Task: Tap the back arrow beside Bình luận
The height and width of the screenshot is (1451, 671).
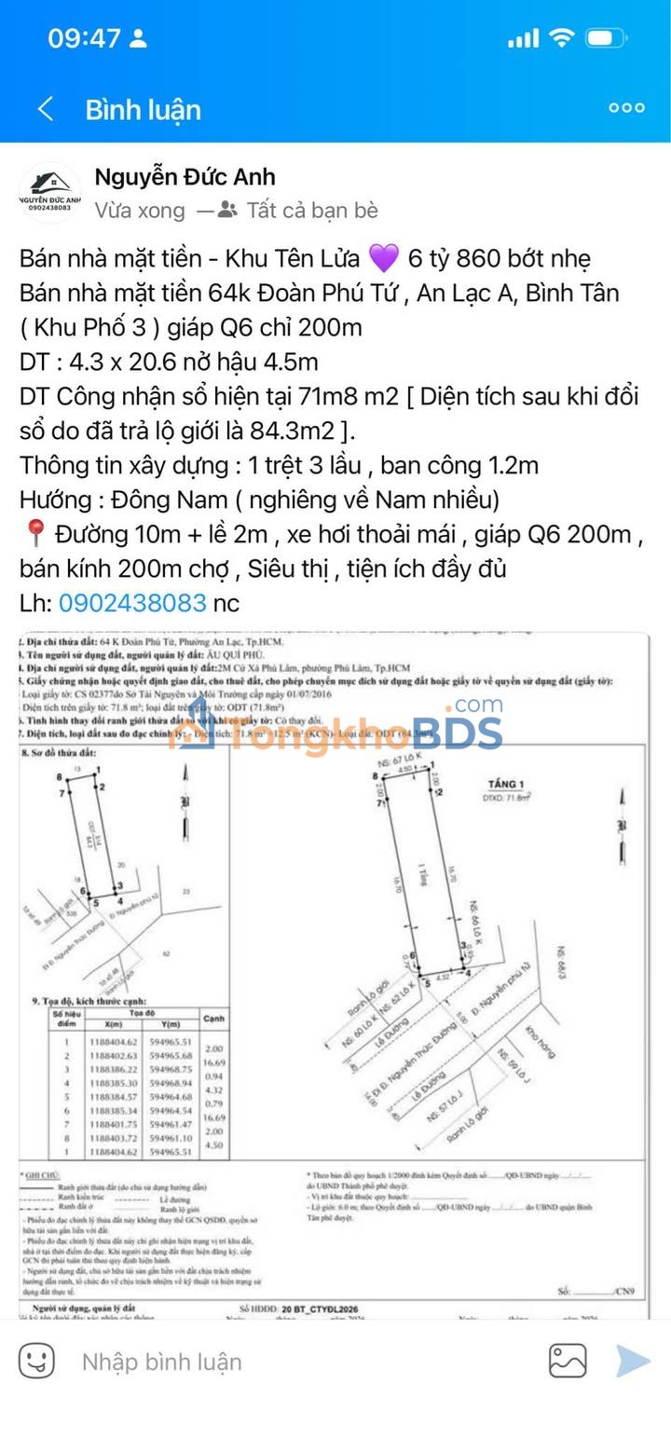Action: coord(45,109)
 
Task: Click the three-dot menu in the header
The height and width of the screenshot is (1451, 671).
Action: coord(626,108)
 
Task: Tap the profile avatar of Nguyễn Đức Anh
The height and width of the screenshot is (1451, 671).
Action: coord(50,193)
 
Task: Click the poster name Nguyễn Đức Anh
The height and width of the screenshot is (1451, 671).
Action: coord(185,177)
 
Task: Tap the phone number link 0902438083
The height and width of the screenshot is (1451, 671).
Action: coord(131,603)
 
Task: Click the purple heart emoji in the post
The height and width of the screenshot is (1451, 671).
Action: coord(384,258)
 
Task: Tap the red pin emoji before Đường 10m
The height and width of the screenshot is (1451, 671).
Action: coord(34,535)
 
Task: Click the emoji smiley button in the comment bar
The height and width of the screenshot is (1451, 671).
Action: coord(37,1362)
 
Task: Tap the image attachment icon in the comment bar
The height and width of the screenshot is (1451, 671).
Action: coord(568,1362)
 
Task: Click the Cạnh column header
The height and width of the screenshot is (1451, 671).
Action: coord(213,1018)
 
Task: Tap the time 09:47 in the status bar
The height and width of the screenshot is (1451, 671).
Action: coord(84,38)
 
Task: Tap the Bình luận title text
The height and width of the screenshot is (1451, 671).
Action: coord(143,109)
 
